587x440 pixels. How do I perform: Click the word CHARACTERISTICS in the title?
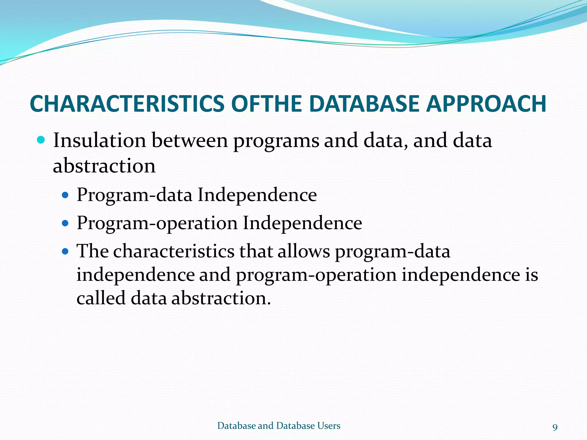(x=127, y=103)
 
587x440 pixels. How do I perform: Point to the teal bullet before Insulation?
(x=41, y=140)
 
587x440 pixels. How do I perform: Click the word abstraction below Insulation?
(x=104, y=166)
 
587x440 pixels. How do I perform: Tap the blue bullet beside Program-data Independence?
(x=66, y=195)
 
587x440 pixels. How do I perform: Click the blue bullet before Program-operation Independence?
(x=66, y=223)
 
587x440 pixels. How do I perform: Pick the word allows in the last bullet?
(x=304, y=251)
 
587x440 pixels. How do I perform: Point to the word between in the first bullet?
(x=189, y=141)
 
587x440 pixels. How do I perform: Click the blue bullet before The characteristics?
(x=66, y=252)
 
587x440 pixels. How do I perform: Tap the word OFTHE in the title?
(x=266, y=103)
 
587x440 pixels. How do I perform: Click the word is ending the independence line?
(x=532, y=275)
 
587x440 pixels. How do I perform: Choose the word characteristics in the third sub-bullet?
(x=174, y=251)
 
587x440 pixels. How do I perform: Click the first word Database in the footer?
(x=237, y=426)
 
